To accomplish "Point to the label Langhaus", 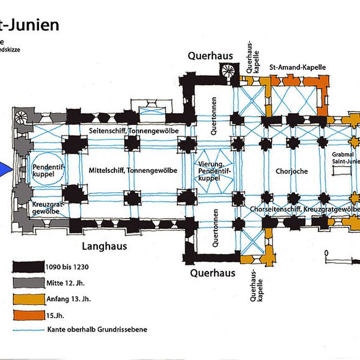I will pos(104,246).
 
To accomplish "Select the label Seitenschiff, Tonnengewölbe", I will pos(133,131).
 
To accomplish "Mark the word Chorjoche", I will pos(291,171).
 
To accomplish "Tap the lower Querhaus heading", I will pos(212,273).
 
